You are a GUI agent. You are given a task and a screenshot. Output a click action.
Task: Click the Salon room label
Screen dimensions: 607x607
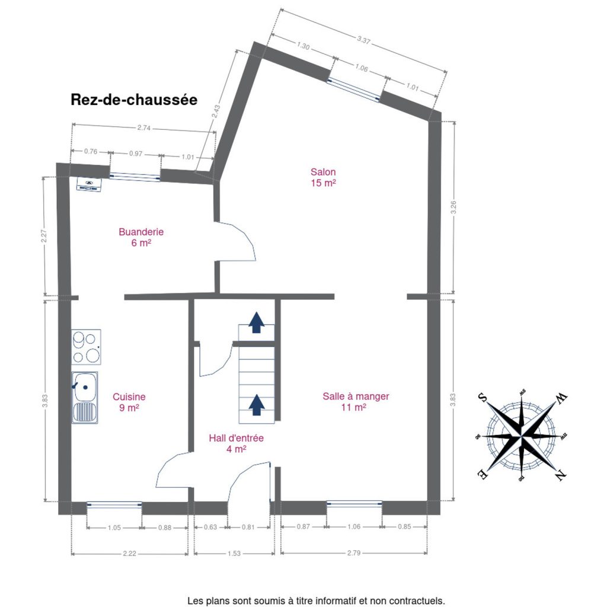click(323, 177)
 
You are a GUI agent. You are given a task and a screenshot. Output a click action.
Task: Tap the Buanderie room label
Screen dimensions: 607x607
click(141, 237)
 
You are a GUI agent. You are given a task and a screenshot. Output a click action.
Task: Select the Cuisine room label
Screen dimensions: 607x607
click(129, 402)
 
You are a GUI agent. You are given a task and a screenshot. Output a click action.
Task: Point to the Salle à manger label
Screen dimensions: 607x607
click(356, 401)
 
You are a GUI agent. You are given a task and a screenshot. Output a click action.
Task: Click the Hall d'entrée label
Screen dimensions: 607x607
click(236, 443)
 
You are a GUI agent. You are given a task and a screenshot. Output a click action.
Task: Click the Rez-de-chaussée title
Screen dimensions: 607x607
click(134, 100)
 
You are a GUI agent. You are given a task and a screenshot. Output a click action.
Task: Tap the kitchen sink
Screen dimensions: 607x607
click(85, 398)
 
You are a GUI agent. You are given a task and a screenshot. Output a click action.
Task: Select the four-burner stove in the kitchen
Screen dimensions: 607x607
click(87, 347)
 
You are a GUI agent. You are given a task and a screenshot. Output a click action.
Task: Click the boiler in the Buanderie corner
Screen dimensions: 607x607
click(89, 184)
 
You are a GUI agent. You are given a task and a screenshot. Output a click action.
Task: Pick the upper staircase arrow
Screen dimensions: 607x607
click(256, 322)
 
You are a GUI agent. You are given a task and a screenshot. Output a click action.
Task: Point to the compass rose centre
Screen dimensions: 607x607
click(522, 436)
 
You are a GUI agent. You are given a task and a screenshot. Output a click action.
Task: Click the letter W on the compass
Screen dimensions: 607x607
click(561, 398)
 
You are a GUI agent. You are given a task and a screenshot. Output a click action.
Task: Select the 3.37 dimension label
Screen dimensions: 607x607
click(363, 40)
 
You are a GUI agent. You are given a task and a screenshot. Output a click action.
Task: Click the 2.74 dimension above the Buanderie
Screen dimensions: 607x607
click(143, 128)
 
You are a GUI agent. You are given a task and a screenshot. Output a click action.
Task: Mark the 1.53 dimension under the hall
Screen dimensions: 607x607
click(234, 554)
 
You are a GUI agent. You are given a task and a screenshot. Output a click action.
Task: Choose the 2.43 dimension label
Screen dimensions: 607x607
click(216, 111)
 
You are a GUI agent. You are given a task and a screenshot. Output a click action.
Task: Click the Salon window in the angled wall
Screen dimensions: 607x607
click(353, 90)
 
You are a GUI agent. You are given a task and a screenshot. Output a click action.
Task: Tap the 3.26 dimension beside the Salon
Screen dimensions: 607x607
click(453, 207)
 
